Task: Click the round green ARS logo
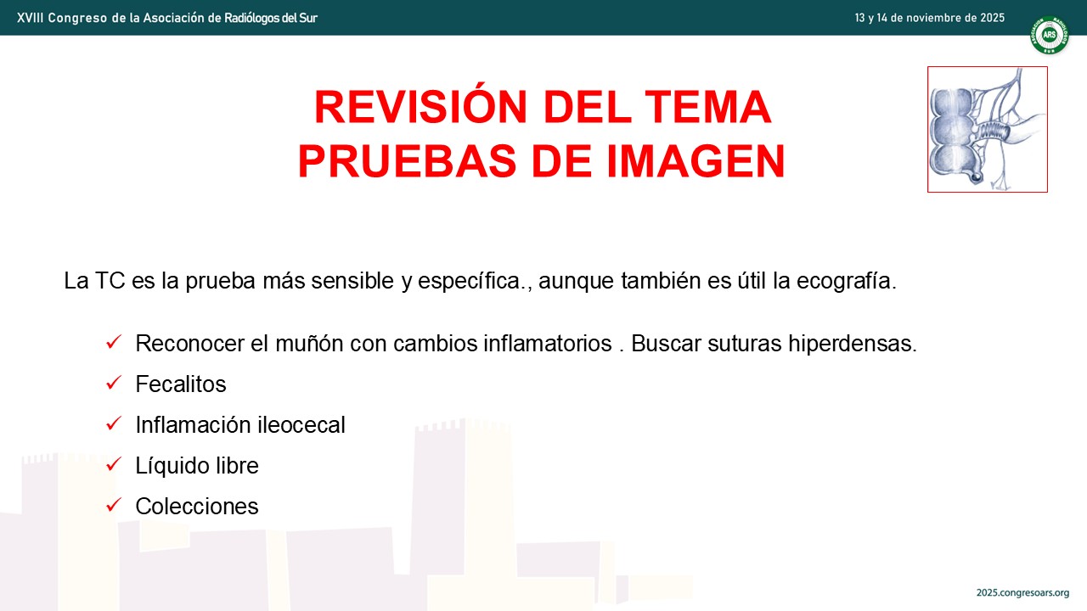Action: click(1049, 35)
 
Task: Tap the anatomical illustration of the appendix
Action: click(987, 130)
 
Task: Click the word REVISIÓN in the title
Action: click(420, 107)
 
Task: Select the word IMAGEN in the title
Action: click(696, 161)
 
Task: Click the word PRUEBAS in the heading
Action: click(407, 161)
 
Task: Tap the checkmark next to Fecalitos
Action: click(114, 383)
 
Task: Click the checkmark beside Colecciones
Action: click(114, 505)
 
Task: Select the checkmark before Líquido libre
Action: click(114, 464)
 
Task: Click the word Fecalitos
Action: click(181, 384)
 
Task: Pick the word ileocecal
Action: click(301, 425)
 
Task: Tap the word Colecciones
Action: click(196, 507)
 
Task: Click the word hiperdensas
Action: click(853, 344)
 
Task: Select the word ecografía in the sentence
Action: click(847, 281)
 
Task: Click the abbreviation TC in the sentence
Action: click(110, 281)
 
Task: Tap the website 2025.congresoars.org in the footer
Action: click(1023, 593)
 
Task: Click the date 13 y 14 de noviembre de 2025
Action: click(930, 18)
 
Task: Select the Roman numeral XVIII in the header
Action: click(30, 18)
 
